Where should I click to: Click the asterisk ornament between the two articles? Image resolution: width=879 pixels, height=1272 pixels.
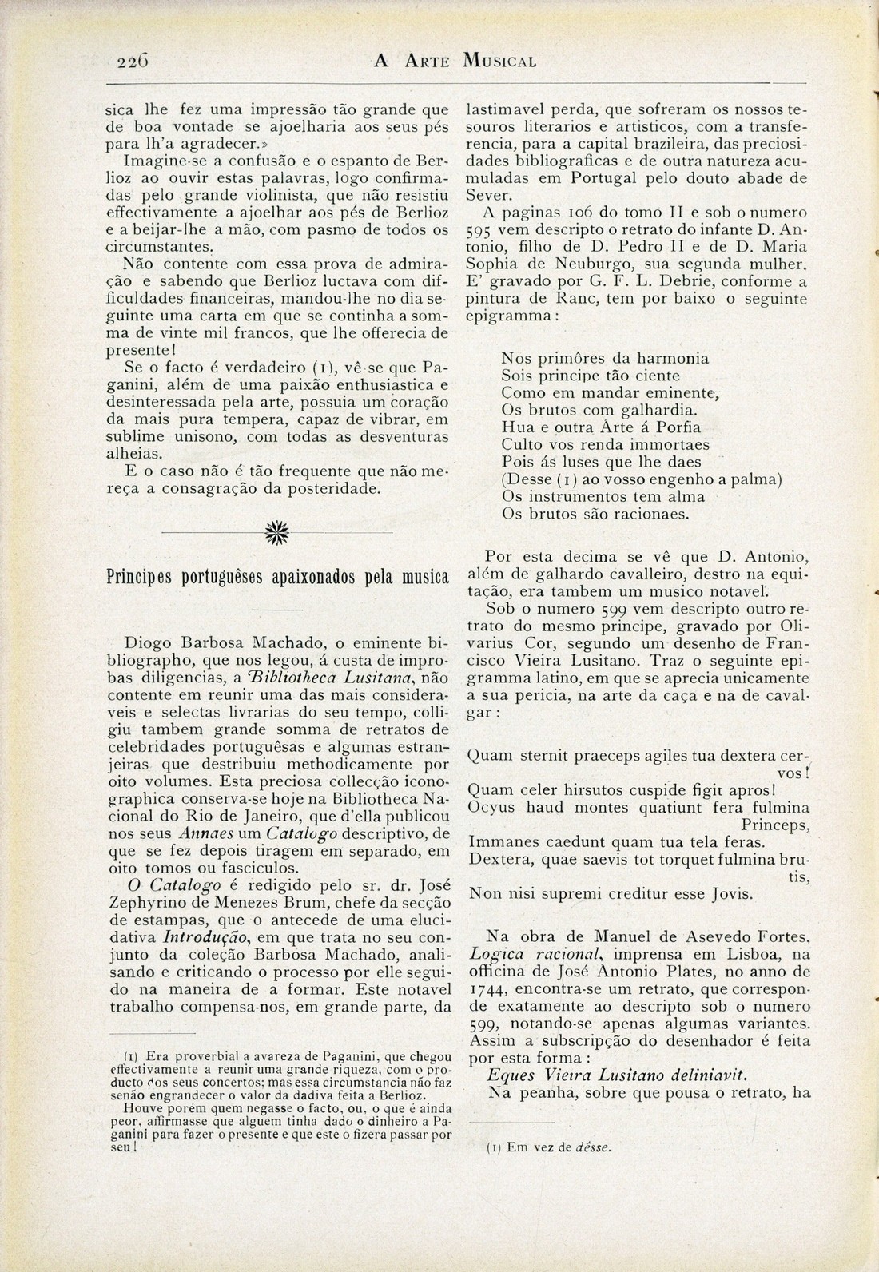point(277,531)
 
